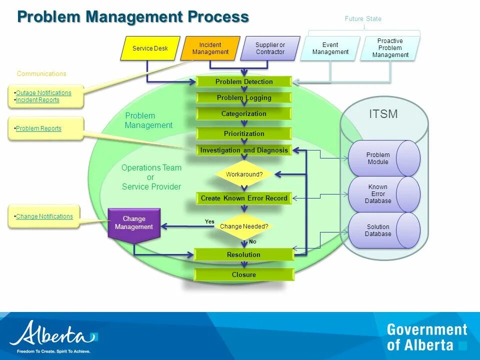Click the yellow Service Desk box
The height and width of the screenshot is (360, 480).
click(x=150, y=48)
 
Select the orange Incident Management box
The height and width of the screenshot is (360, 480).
click(x=210, y=48)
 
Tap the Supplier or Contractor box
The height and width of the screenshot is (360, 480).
click(x=270, y=48)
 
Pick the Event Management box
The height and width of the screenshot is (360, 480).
click(x=330, y=48)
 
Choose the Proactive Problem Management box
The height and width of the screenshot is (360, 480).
click(x=390, y=48)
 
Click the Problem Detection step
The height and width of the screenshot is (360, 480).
click(x=244, y=81)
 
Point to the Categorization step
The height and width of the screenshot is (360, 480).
click(x=244, y=114)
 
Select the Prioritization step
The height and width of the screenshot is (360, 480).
click(x=244, y=133)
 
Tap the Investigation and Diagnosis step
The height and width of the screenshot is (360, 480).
click(x=244, y=150)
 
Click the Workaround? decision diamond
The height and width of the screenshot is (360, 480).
click(x=244, y=174)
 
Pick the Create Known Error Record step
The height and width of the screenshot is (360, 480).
click(x=244, y=198)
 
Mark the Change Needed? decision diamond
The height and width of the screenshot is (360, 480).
click(x=244, y=226)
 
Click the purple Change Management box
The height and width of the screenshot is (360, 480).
click(x=134, y=223)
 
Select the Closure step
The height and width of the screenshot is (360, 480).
click(x=244, y=274)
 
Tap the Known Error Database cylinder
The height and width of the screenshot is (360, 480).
click(x=378, y=194)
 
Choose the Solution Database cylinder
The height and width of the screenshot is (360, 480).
click(x=378, y=230)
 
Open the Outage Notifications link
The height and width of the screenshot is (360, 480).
click(x=43, y=93)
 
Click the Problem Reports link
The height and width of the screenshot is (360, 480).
click(x=38, y=128)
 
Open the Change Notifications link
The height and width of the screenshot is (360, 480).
click(x=44, y=216)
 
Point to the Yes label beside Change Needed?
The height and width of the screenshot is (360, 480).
click(x=209, y=221)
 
